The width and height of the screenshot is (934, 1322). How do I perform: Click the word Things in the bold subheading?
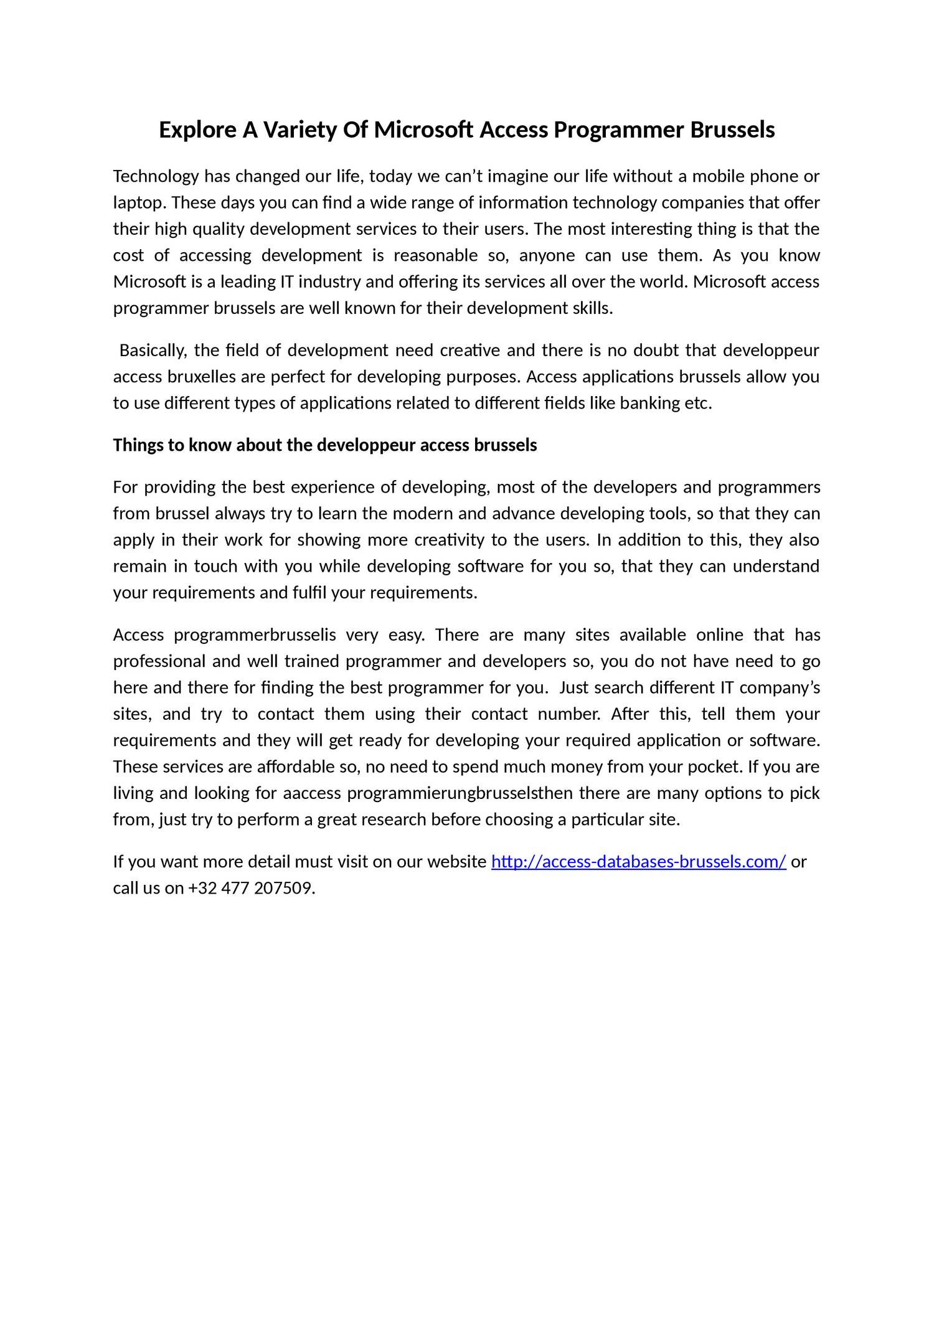[x=134, y=446]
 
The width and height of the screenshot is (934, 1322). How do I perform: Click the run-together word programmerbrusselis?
[x=255, y=635]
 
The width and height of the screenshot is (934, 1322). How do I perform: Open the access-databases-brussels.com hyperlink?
[x=639, y=862]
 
